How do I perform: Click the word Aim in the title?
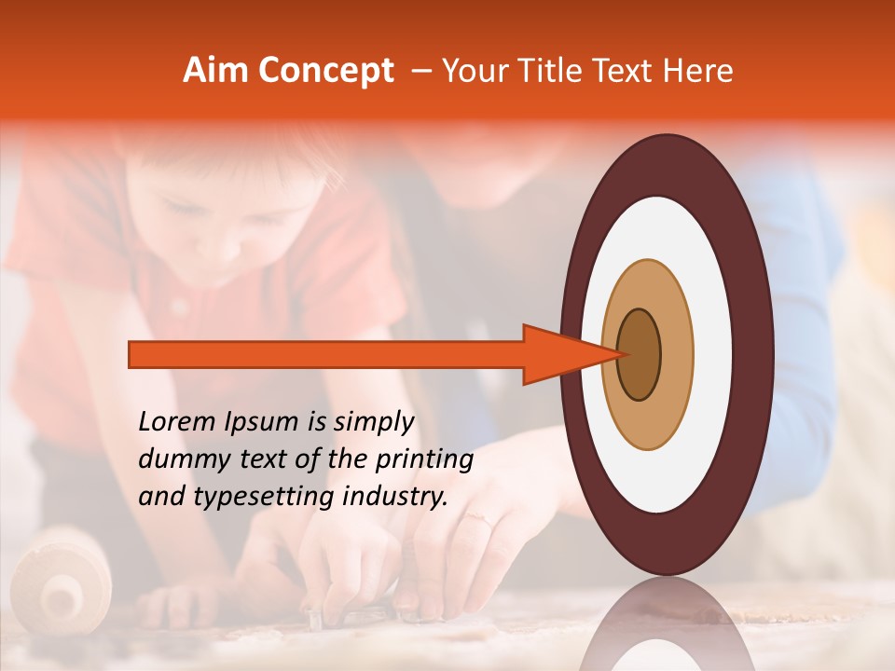tap(216, 71)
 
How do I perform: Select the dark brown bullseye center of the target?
tap(639, 354)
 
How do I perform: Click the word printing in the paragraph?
tap(429, 460)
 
